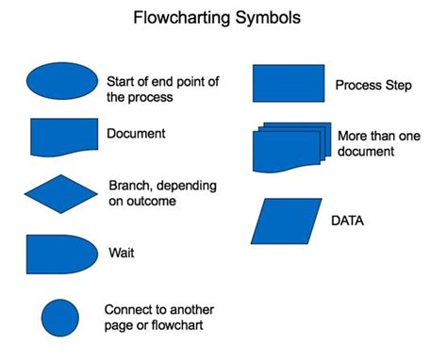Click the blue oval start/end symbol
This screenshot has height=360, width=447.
61,82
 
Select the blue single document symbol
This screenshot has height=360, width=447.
63,136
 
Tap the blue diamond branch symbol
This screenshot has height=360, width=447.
60,193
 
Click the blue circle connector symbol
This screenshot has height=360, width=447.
60,318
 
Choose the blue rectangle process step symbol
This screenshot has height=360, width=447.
289,83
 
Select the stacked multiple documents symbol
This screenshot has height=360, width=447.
290,145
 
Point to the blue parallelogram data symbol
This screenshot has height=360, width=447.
288,221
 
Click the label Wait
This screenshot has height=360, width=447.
121,254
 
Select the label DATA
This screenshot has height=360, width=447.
349,221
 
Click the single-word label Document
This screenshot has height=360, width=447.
136,133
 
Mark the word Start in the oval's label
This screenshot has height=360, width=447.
123,80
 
